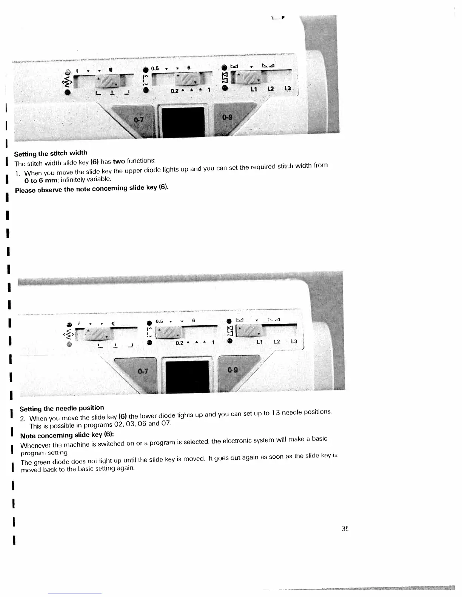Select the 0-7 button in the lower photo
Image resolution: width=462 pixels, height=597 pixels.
point(143,371)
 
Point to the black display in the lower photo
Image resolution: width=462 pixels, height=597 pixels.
point(187,376)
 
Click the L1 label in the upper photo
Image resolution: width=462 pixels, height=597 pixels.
point(254,89)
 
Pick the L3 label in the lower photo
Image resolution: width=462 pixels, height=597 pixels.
point(294,341)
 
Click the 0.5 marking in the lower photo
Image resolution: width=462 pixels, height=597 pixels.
point(159,321)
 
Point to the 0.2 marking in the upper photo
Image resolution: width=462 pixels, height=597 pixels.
point(174,91)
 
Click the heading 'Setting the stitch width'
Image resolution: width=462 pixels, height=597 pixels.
point(51,153)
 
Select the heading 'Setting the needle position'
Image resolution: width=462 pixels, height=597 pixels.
point(62,408)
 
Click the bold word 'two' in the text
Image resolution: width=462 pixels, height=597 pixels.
point(119,161)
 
